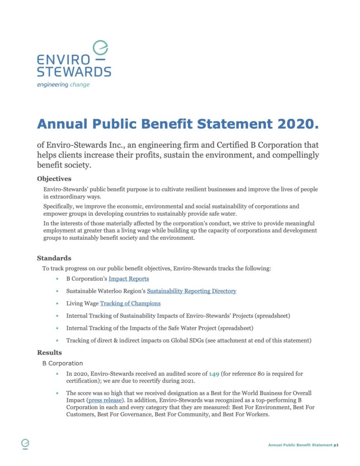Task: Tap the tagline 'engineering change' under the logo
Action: pos(63,85)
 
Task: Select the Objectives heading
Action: pos(54,179)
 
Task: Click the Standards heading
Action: pos(54,258)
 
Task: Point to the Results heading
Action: pos(49,353)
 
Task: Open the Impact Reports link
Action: pos(128,279)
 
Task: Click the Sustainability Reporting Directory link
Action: pos(191,291)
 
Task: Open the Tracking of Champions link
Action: pos(130,303)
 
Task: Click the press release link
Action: pos(107,400)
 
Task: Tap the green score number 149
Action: pos(214,374)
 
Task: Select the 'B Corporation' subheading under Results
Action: pos(62,364)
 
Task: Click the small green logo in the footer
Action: pos(25,444)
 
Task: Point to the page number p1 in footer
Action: pos(336,445)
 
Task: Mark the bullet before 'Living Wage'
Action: pos(57,304)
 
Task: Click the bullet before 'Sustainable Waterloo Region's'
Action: pos(57,291)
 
